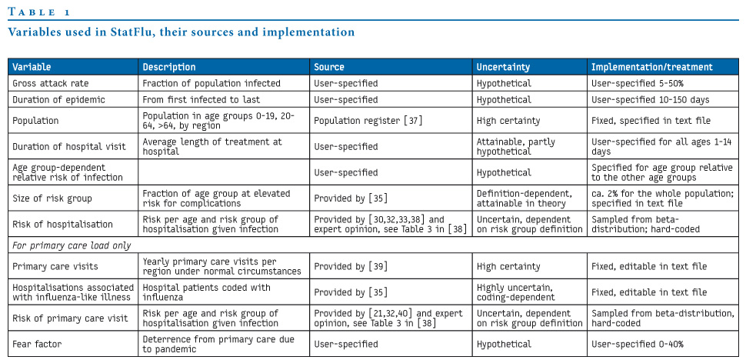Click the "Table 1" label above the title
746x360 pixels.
(39, 12)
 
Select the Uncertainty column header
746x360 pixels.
(504, 67)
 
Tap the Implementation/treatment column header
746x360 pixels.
(652, 67)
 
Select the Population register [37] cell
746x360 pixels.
(368, 121)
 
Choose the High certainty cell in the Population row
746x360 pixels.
(508, 121)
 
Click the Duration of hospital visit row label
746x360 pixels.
(69, 146)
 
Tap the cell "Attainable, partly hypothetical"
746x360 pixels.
(516, 146)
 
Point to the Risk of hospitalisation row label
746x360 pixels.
(62, 225)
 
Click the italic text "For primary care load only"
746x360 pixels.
(72, 245)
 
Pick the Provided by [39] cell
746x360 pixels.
(351, 266)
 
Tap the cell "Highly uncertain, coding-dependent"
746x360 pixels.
(516, 292)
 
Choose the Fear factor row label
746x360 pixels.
(35, 344)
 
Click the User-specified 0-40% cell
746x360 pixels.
(633, 344)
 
